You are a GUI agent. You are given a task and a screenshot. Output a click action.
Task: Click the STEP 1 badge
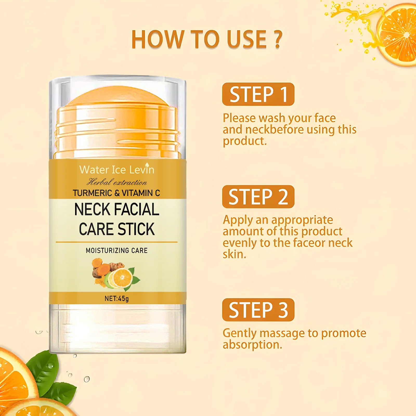(258, 94)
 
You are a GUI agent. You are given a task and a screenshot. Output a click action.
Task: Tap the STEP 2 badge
(258, 197)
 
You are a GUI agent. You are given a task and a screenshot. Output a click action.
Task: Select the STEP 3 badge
(258, 310)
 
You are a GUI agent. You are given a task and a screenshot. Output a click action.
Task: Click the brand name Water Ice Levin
(117, 170)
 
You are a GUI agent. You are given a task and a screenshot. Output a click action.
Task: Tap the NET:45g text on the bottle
(117, 298)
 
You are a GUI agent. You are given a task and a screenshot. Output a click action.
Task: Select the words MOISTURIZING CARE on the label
(117, 250)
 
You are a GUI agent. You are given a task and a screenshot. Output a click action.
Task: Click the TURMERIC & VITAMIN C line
(116, 193)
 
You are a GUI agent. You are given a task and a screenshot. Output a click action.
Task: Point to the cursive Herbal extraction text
(117, 182)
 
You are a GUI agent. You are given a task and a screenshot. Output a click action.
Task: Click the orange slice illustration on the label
(122, 277)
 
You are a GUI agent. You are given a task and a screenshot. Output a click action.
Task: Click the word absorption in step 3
(252, 345)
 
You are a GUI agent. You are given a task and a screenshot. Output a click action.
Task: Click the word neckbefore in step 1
(274, 129)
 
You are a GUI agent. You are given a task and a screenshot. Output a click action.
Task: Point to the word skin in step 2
(234, 254)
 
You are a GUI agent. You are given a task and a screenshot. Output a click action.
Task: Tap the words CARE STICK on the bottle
(117, 229)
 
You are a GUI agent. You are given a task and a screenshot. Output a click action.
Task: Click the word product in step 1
(244, 141)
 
